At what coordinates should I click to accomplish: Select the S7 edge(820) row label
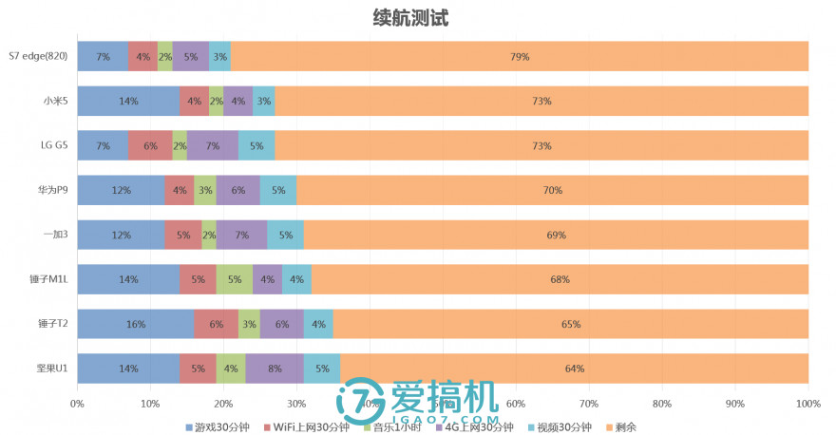[38, 57]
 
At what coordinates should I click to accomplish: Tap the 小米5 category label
[55, 101]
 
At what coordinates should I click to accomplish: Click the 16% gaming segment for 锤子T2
[136, 324]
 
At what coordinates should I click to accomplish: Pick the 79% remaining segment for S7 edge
[520, 57]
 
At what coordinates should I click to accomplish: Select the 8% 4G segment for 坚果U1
[275, 369]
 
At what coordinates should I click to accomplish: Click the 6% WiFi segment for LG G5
[150, 145]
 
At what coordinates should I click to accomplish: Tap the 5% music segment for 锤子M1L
[235, 279]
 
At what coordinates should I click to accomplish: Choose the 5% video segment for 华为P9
[278, 190]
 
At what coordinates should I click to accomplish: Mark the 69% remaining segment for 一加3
[556, 235]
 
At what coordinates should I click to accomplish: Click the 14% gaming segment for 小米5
[128, 101]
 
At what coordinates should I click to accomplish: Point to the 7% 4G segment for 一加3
[241, 235]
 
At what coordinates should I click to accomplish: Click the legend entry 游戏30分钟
[218, 426]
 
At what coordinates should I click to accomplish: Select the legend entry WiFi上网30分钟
[307, 426]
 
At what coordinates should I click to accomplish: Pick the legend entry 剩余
[620, 426]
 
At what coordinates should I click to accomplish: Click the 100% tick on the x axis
[807, 403]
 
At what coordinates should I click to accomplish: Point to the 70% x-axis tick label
[588, 403]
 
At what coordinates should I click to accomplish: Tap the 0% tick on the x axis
[77, 403]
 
